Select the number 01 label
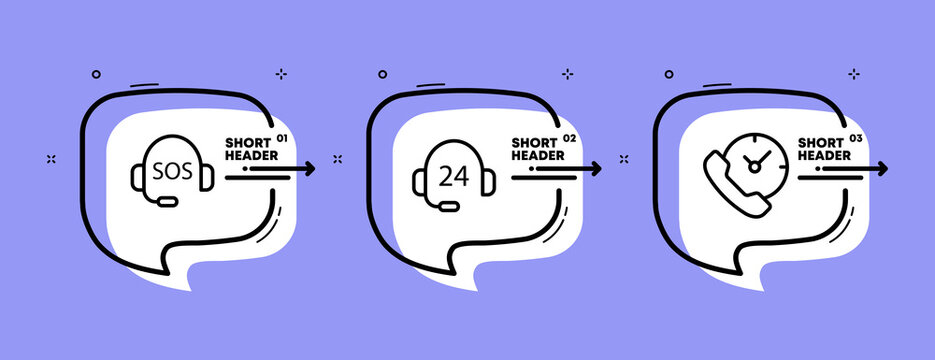pos(281,137)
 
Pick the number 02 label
pos(570,137)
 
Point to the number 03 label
pos(855,137)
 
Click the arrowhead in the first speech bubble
pos(309,169)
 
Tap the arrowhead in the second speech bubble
pos(596,169)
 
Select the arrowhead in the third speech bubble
pos(881,169)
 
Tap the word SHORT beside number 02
pos(533,142)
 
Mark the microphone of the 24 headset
pos(451,206)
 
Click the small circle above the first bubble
pos(96,73)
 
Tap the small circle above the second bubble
pos(382,73)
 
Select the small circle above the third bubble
pos(668,73)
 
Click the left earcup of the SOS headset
pos(137,177)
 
